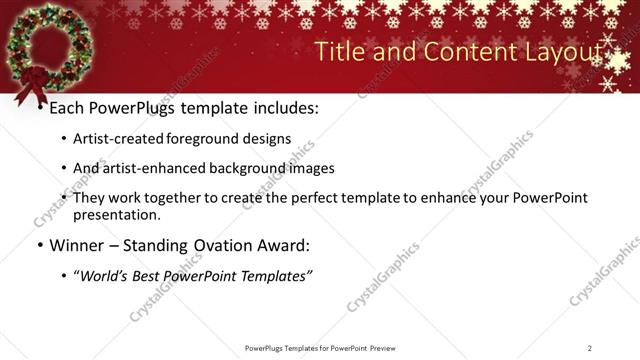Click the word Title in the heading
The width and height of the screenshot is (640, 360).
point(341,52)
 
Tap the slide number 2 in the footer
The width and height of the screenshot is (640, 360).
point(590,347)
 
